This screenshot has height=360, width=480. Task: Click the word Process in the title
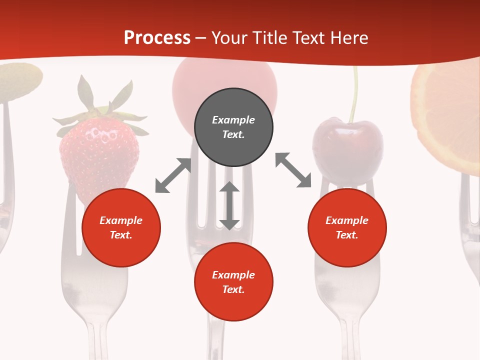pos(157,38)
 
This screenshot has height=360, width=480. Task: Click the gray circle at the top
pos(233,127)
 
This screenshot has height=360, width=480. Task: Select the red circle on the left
pos(121,228)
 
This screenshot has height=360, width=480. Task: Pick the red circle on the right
pos(347,228)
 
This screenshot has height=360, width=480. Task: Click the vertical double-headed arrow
pos(229,205)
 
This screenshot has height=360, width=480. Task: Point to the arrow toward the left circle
pos(173,175)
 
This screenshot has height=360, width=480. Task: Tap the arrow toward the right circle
pos(293,170)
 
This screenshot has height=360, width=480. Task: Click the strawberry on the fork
pos(99,152)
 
